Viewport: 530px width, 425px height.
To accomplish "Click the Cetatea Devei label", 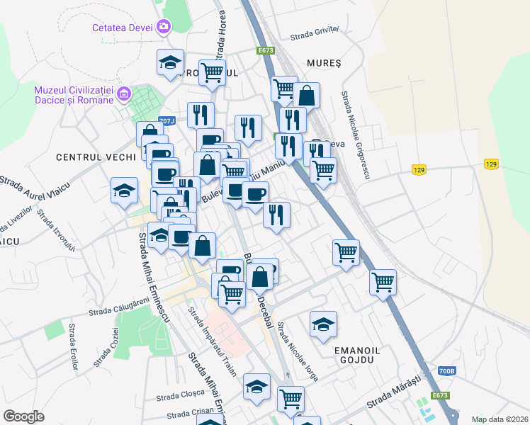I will click(x=123, y=28).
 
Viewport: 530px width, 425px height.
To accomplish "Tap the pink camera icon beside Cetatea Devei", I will click(x=164, y=27).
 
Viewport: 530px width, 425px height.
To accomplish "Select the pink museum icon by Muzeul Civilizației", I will click(x=124, y=93).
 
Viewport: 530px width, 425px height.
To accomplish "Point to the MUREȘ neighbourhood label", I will click(x=324, y=62).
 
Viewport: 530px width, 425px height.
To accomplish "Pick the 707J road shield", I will click(x=167, y=121).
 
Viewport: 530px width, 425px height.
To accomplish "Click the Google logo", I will click(x=23, y=416).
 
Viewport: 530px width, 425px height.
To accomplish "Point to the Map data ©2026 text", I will click(x=500, y=419).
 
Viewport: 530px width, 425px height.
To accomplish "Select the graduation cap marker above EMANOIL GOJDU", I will click(x=323, y=325).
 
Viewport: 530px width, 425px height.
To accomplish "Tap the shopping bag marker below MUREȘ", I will click(x=307, y=96).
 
